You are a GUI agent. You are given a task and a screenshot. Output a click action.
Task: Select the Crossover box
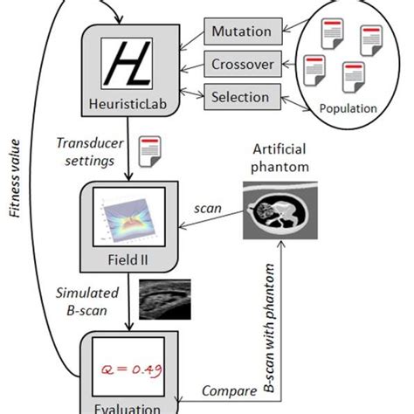point(242,63)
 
